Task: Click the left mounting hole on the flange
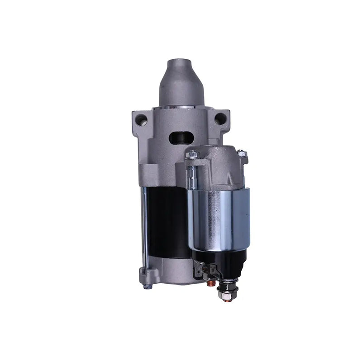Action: tap(141, 120)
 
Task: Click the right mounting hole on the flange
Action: tap(220, 119)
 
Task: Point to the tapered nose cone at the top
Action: tap(181, 84)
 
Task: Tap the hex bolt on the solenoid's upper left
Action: tap(192, 155)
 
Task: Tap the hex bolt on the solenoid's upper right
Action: tap(242, 154)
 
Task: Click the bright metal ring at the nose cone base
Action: tap(181, 107)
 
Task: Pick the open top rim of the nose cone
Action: tap(181, 62)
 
